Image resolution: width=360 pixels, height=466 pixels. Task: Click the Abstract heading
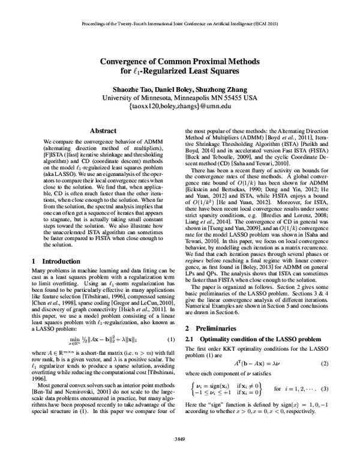(103, 130)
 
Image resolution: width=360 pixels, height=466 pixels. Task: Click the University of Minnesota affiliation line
(180, 97)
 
